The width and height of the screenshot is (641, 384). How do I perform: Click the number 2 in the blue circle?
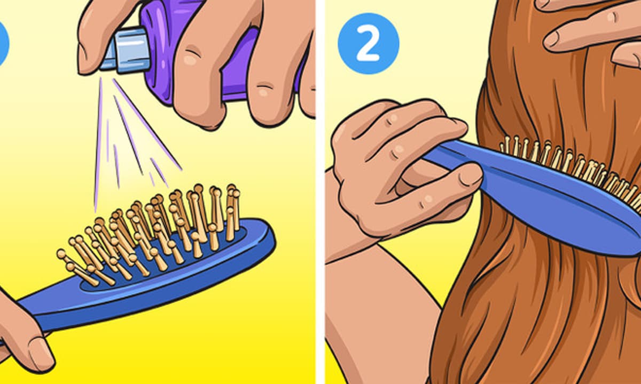[368, 43]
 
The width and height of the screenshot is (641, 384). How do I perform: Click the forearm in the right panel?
[380, 314]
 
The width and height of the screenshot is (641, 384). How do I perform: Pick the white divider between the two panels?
[320, 192]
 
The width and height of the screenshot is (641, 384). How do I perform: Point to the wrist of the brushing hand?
[352, 229]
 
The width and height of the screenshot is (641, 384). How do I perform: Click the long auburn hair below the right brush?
[529, 314]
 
